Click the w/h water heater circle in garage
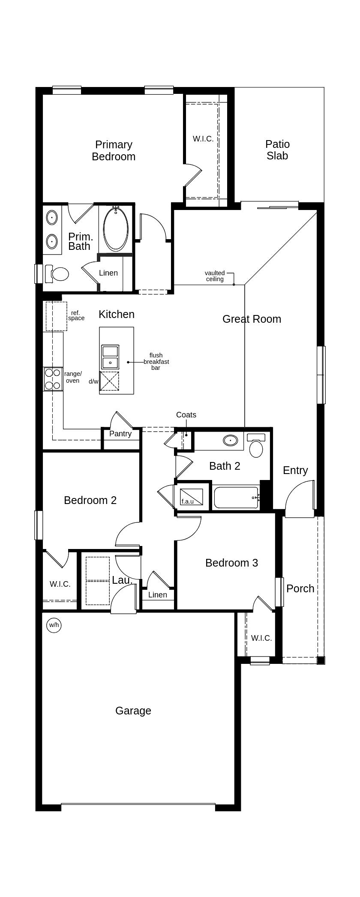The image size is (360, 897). tap(54, 625)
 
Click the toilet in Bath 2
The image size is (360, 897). tap(256, 448)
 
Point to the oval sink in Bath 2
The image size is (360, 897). tap(231, 440)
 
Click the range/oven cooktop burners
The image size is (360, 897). tap(53, 379)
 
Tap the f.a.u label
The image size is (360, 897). tap(188, 501)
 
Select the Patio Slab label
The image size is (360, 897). tap(277, 150)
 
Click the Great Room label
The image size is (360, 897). tap(252, 319)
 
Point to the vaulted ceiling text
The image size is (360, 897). tap(215, 276)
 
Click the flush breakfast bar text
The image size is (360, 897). tap(156, 362)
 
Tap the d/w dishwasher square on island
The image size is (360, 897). tap(109, 381)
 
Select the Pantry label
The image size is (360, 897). tap(120, 434)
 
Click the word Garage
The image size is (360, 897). tap(133, 711)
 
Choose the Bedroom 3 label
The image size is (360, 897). tap(231, 563)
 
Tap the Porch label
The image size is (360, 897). tap(300, 588)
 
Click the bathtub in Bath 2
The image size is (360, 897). tap(236, 498)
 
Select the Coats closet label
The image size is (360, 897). tap(186, 415)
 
